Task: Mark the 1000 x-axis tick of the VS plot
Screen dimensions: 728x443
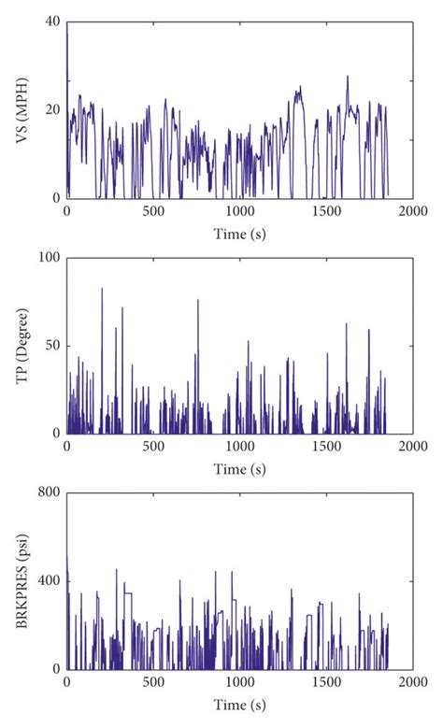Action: point(239,212)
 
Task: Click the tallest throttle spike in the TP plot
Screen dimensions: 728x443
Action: point(102,289)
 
